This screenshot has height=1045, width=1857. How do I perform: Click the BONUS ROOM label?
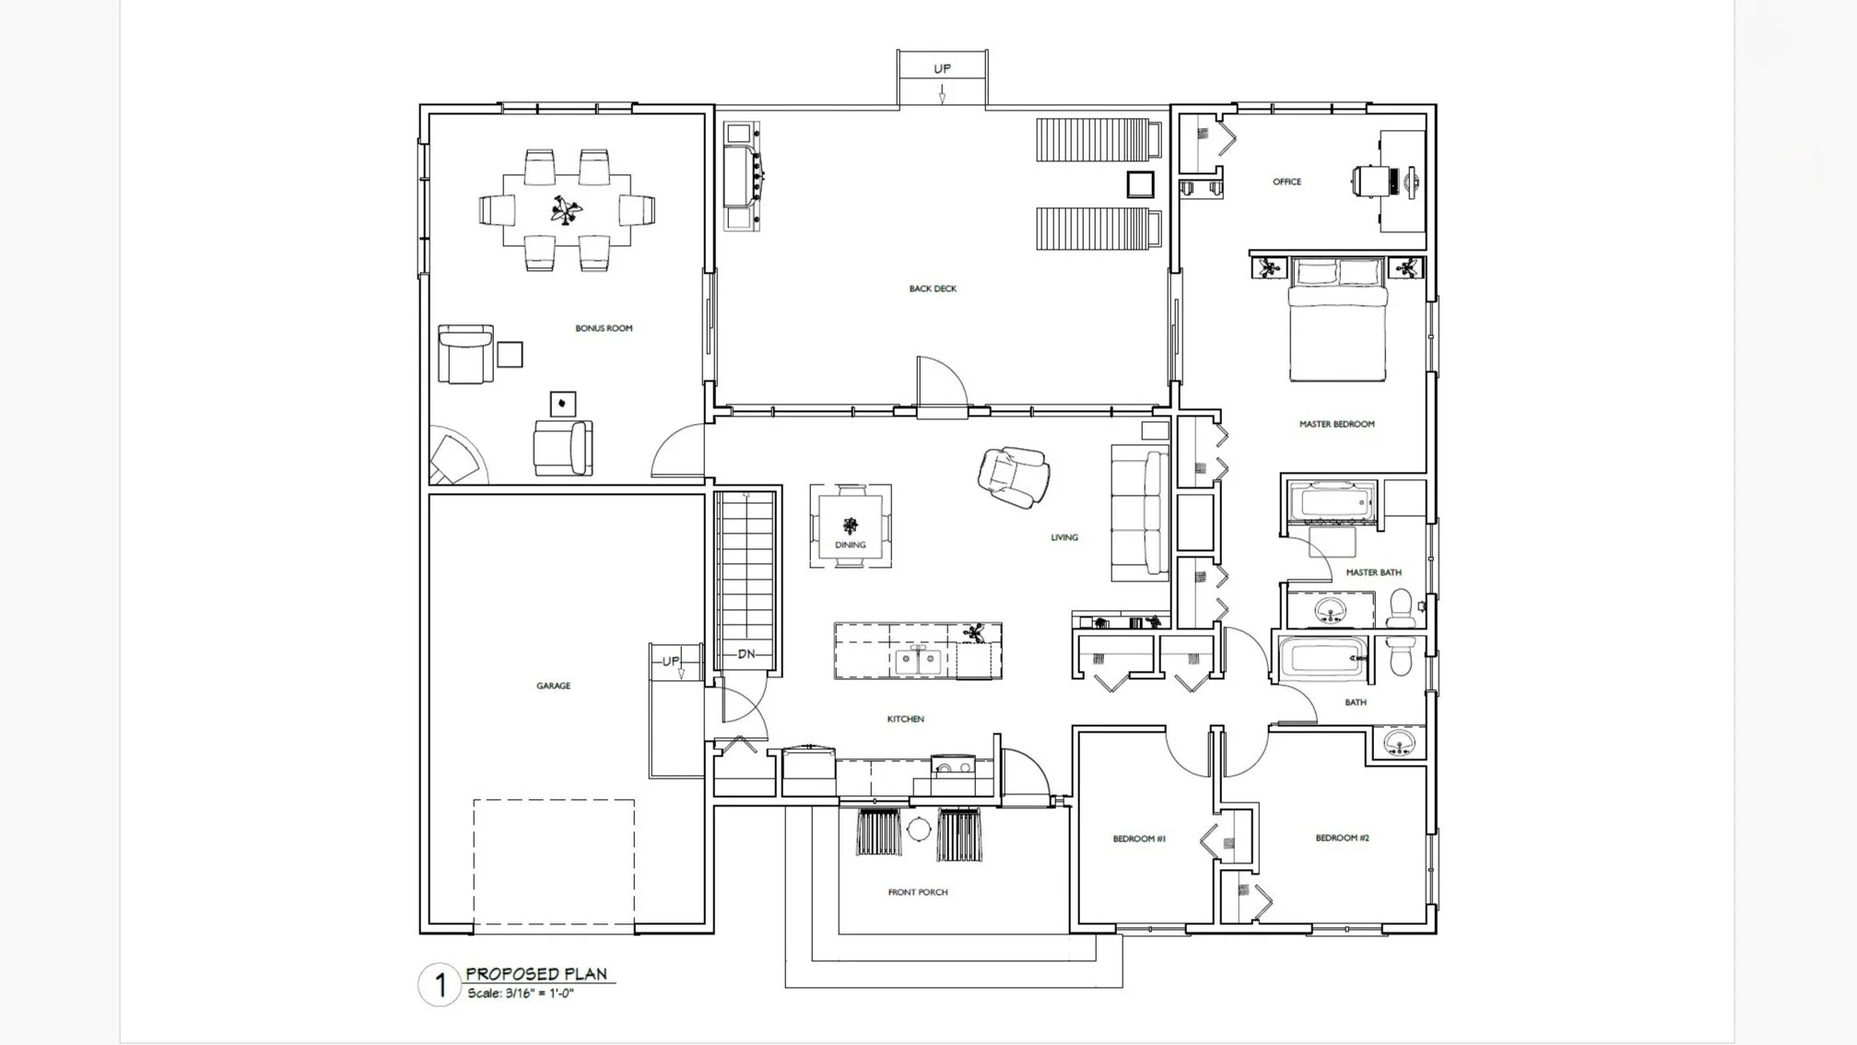604,328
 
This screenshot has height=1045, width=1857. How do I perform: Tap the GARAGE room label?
553,686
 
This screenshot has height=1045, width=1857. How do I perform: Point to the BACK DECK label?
933,288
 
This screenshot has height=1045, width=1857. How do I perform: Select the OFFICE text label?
1287,182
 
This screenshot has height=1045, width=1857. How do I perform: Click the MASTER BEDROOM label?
1336,424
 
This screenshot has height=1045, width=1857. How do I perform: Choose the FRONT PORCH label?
917,892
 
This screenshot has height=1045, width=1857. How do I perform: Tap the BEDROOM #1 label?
1139,839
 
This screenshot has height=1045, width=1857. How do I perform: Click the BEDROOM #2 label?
1342,838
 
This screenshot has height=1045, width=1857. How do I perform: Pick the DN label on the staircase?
746,654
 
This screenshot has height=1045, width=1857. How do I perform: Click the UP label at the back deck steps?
942,68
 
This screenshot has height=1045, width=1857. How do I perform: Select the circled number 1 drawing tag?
441,985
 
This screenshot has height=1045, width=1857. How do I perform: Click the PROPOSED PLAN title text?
536,973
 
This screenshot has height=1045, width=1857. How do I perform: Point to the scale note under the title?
521,993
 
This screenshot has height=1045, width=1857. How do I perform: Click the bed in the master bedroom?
1338,319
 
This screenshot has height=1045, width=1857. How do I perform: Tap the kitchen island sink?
918,660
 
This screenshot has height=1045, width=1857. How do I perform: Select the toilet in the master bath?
1401,608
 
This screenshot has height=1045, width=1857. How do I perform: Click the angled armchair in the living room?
1014,476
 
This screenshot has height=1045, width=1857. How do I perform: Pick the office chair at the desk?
1372,181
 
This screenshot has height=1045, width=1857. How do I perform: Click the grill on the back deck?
743,176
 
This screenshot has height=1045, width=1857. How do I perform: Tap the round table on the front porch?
918,828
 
